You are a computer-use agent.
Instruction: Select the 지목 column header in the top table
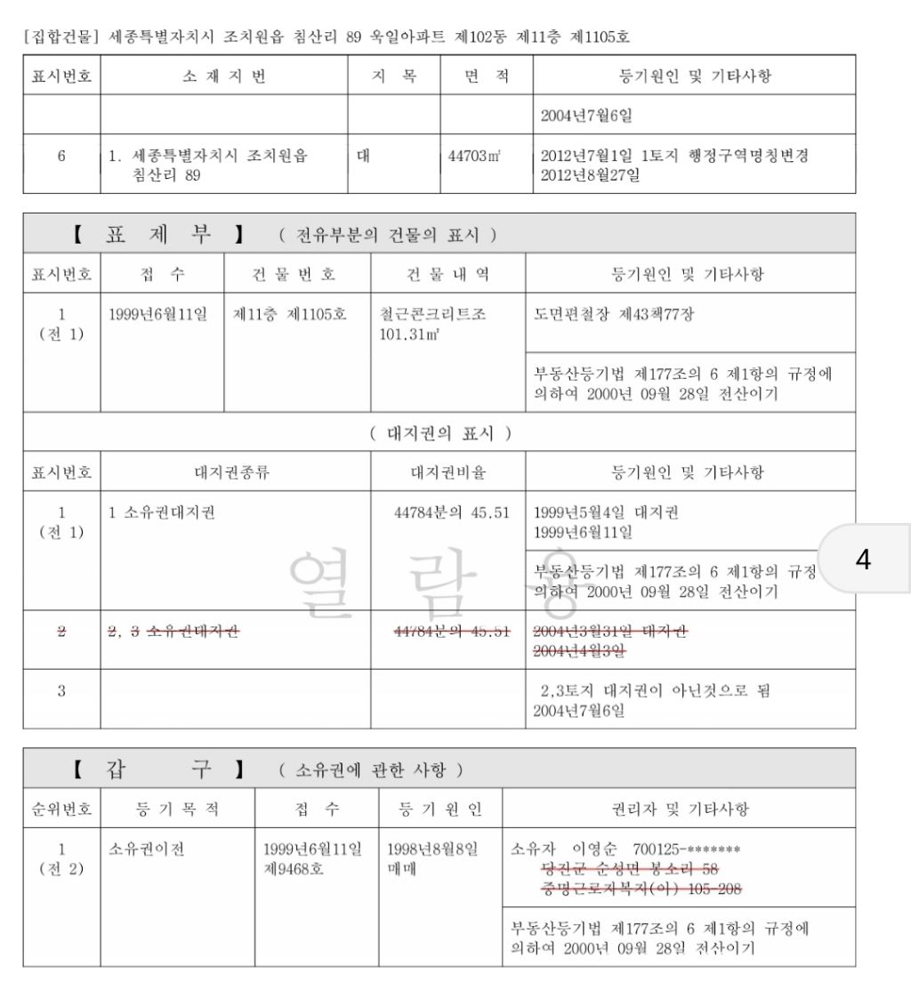click(x=393, y=77)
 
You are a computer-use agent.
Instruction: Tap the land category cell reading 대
click(x=363, y=156)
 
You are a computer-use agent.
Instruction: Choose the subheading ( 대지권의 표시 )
click(x=439, y=434)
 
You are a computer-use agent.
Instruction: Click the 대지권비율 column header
click(x=447, y=472)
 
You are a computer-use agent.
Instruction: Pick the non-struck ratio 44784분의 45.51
click(x=451, y=513)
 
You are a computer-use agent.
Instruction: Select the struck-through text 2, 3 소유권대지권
click(x=173, y=631)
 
